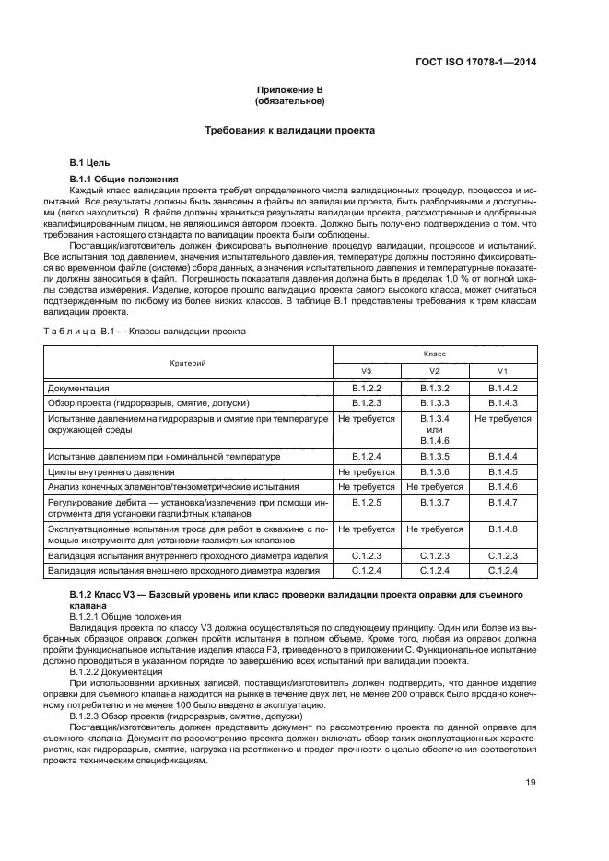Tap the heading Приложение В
289,90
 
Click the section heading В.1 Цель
91,162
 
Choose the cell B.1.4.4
502,456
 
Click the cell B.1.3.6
435,471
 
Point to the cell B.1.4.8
502,529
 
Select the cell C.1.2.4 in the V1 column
502,572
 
